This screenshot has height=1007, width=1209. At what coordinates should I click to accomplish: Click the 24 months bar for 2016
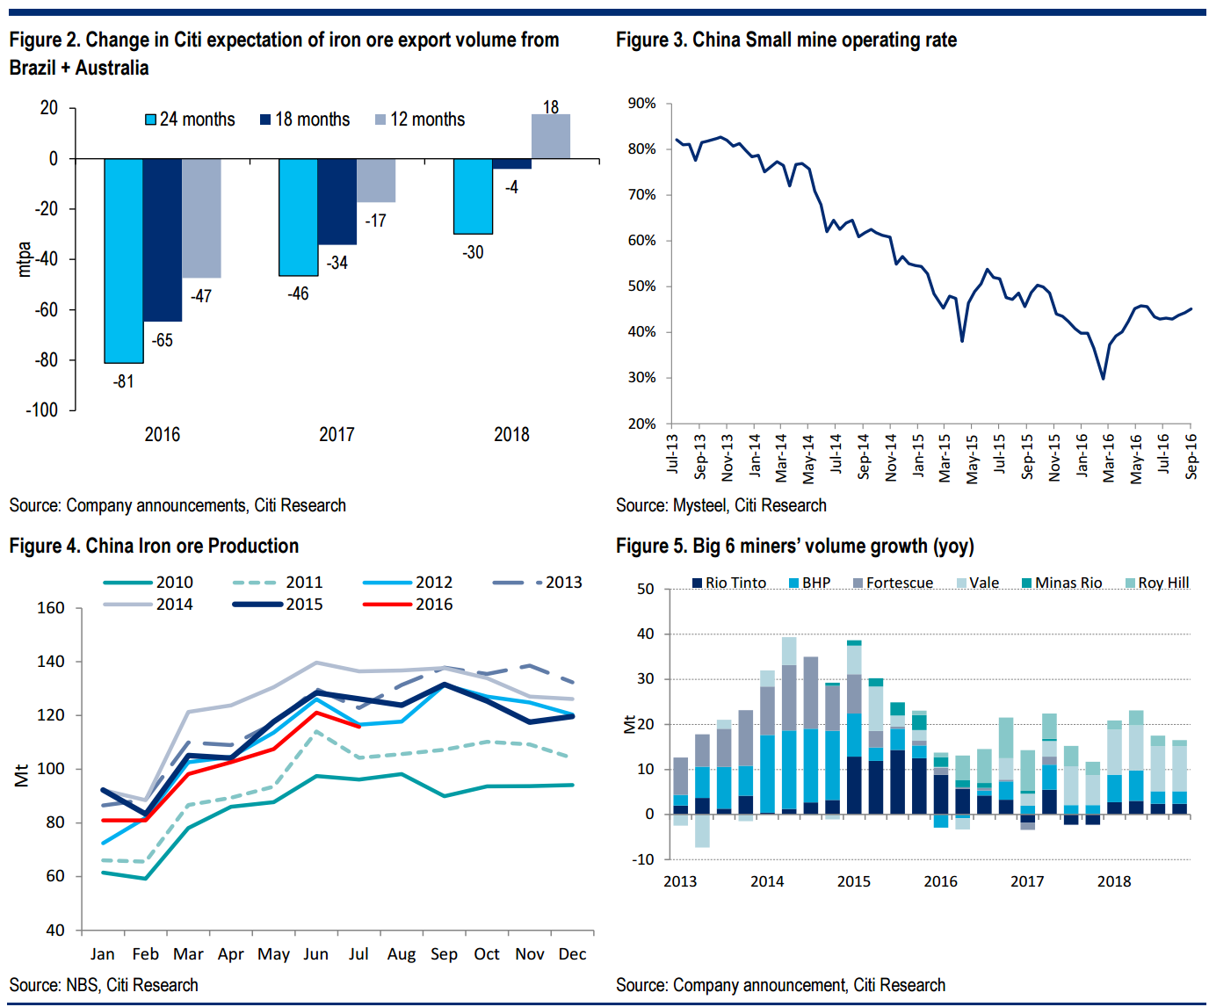[x=124, y=260]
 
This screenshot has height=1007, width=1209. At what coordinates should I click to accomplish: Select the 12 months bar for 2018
[x=551, y=137]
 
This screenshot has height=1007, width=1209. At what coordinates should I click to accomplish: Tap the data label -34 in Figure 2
[x=337, y=263]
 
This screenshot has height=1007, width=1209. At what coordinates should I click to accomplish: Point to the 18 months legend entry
[x=305, y=120]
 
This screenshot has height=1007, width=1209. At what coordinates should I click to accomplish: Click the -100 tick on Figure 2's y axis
[x=41, y=410]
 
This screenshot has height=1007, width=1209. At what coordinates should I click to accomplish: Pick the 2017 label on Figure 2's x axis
[x=337, y=434]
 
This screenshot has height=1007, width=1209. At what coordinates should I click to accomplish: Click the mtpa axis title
[x=25, y=259]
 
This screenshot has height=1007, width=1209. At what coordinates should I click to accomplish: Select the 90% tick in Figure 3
[x=641, y=104]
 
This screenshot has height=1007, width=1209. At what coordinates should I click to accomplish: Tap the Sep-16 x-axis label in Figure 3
[x=1191, y=455]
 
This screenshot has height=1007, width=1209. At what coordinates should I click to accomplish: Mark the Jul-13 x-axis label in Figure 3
[x=672, y=453]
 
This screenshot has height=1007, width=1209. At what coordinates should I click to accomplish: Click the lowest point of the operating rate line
[x=1103, y=378]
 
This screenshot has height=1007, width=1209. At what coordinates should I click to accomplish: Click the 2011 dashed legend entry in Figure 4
[x=279, y=583]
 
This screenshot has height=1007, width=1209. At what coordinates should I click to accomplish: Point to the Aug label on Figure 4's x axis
[x=402, y=954]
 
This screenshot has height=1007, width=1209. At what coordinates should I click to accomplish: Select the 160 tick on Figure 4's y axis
[x=51, y=608]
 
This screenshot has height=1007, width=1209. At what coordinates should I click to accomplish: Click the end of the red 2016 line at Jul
[x=358, y=726]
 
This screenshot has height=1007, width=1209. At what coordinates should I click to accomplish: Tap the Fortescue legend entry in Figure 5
[x=893, y=583]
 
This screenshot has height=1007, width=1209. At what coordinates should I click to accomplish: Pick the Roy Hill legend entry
[x=1157, y=583]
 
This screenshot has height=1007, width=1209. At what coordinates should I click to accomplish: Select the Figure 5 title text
[x=794, y=546]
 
